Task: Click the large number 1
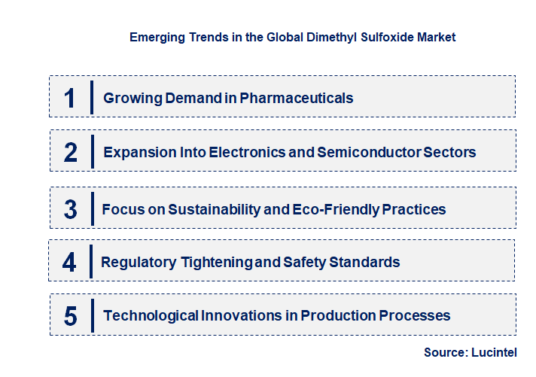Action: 70,98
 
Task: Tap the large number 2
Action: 71,153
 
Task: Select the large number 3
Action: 70,209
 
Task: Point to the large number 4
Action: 70,263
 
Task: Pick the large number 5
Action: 70,315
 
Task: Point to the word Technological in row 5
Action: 151,315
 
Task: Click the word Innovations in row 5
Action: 243,315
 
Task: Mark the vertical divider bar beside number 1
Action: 92,98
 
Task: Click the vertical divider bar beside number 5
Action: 92,315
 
